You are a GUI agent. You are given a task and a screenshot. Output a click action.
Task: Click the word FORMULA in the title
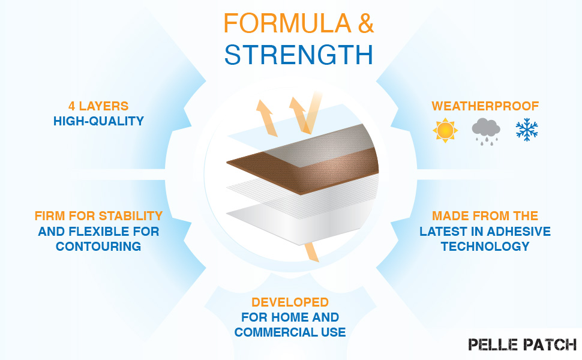click(287, 23)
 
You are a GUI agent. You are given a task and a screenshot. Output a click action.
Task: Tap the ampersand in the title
click(365, 23)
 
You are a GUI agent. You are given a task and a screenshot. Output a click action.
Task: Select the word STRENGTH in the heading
click(299, 55)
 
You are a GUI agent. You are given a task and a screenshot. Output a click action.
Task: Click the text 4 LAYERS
click(98, 106)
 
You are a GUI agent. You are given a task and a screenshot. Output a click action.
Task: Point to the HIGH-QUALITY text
click(98, 121)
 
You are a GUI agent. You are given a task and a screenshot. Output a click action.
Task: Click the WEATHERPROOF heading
click(485, 106)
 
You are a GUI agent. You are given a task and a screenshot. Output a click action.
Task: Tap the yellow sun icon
click(445, 130)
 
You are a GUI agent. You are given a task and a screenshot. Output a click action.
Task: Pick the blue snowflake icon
click(527, 130)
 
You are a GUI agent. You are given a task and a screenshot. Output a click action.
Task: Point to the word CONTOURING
click(98, 246)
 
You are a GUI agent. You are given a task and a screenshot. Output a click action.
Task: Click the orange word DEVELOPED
click(290, 302)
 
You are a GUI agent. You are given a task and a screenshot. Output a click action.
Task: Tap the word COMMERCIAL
click(276, 332)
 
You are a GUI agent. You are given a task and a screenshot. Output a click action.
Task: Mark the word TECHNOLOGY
click(485, 246)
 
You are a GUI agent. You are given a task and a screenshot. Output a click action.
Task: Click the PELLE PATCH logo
click(522, 344)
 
